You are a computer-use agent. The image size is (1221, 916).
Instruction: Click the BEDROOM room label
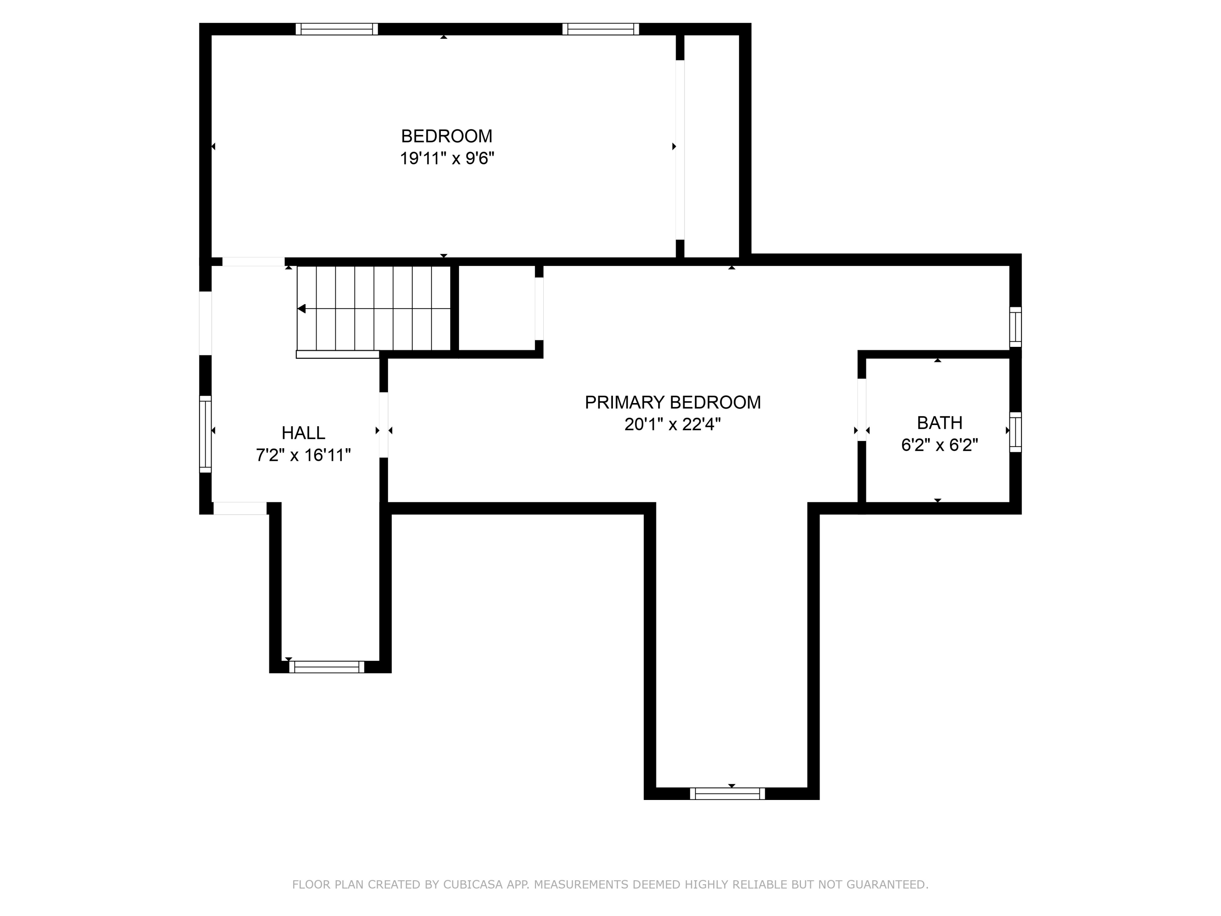(446, 136)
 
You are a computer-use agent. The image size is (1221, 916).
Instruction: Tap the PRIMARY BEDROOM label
(672, 403)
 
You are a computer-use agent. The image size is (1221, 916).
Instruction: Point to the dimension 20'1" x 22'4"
(672, 425)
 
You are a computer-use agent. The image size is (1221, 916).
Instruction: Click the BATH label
(939, 423)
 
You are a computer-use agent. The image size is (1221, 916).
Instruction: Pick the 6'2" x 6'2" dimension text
(939, 445)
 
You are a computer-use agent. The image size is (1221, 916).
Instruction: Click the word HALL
(303, 433)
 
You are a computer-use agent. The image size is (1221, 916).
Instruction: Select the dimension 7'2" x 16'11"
(303, 456)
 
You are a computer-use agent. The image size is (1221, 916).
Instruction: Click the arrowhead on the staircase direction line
(302, 309)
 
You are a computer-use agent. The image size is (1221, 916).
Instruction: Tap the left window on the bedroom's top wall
(337, 29)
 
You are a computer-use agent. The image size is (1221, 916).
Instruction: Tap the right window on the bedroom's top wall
(601, 29)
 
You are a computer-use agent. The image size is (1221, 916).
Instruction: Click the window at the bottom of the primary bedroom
(727, 793)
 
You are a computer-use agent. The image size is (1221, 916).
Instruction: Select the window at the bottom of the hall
(326, 667)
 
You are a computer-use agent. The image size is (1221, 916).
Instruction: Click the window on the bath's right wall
(1015, 432)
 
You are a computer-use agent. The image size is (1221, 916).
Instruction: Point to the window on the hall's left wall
(206, 434)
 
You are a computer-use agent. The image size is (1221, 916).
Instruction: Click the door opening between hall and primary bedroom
(384, 425)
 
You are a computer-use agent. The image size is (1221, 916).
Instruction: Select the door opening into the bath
(861, 410)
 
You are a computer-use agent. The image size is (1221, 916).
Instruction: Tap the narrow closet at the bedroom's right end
(711, 146)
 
